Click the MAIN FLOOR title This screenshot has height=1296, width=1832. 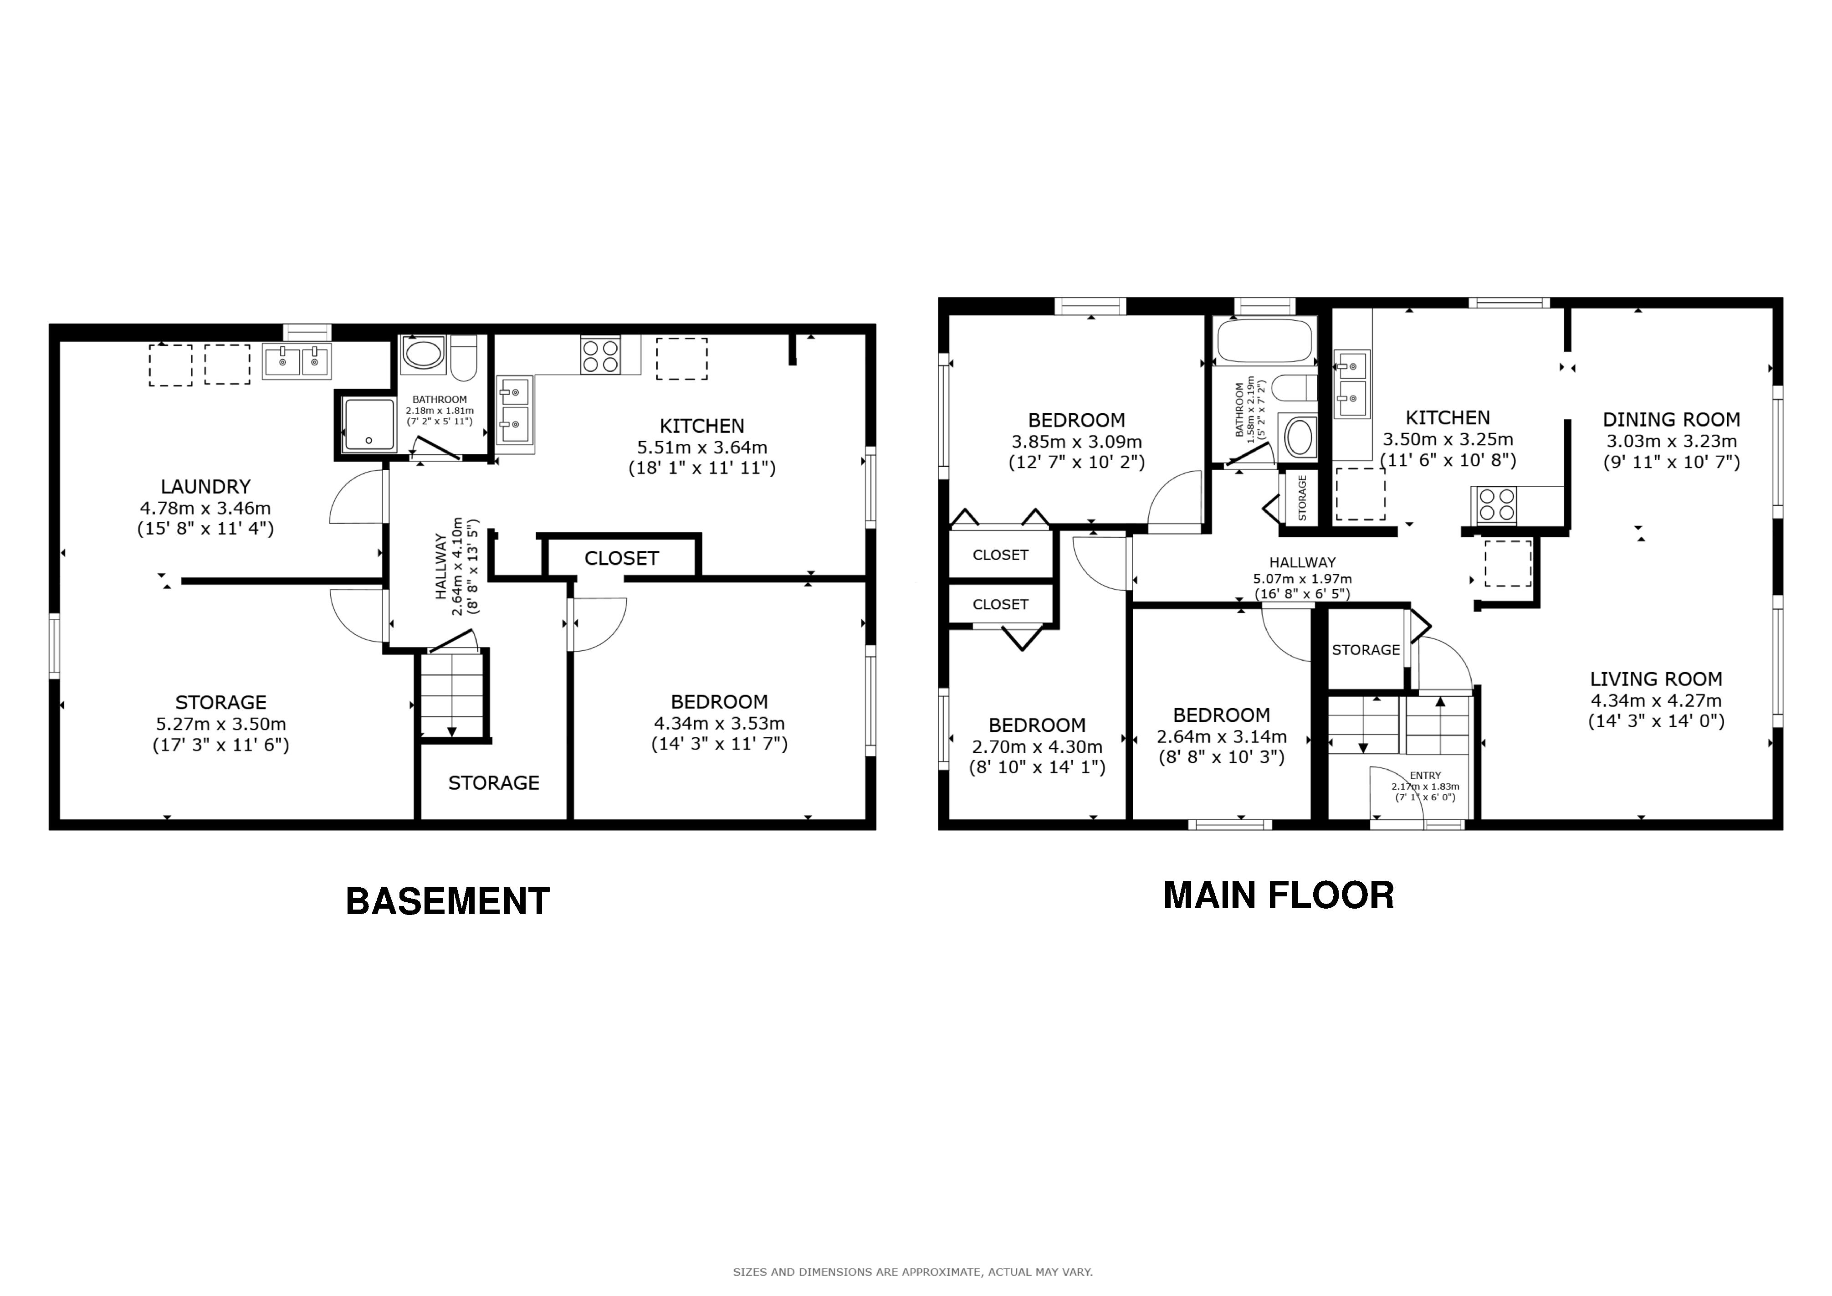1278,895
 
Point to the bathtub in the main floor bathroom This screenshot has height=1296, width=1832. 1265,342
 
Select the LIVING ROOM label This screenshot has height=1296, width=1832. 1656,679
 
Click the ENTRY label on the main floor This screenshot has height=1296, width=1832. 1425,775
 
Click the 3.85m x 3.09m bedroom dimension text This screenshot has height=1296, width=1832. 1076,441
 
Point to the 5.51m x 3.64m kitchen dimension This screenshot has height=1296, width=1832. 702,447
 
